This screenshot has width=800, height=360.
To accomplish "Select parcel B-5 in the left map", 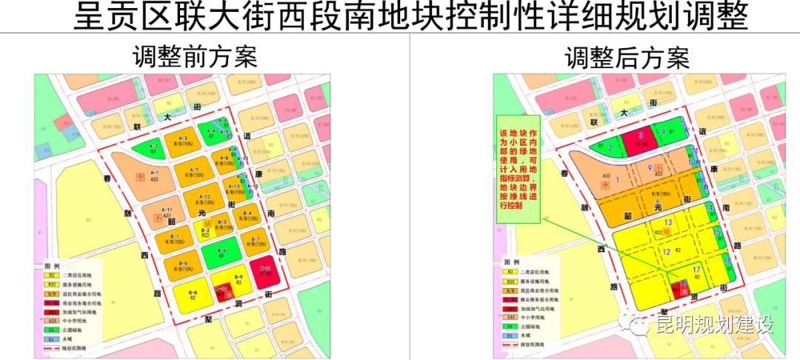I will (182, 265).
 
